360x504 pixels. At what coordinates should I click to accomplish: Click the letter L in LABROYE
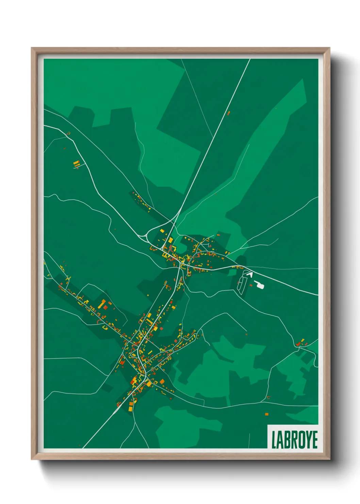coord(274,440)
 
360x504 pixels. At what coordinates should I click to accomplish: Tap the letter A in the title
coord(280,440)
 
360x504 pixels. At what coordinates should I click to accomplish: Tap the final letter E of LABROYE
coord(315,440)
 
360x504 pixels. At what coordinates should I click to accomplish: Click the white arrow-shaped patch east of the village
coord(250,274)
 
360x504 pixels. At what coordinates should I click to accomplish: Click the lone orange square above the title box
coord(266,414)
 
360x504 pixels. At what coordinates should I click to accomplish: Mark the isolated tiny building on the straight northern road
coord(229,113)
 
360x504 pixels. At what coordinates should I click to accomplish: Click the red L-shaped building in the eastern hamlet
coord(298,344)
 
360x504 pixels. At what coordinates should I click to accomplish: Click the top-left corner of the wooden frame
coord(32,48)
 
